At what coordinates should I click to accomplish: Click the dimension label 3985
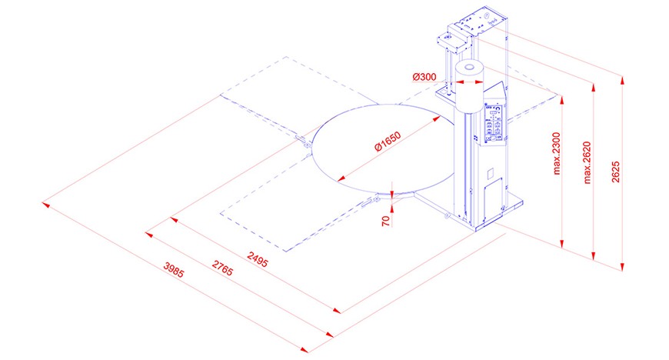tap(174, 269)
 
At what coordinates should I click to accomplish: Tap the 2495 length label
tap(258, 259)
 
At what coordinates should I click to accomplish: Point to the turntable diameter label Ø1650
tap(388, 142)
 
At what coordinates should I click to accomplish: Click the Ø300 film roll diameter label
tap(424, 77)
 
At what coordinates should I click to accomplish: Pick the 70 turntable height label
tap(386, 221)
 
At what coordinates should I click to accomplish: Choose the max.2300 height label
tap(557, 154)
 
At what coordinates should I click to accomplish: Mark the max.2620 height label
tap(587, 163)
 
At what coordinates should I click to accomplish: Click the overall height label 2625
tap(616, 172)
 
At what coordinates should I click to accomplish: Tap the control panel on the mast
tap(494, 124)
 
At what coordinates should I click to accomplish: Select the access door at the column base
tap(493, 201)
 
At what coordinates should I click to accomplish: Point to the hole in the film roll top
tap(469, 67)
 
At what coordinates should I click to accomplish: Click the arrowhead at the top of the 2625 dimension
tap(623, 80)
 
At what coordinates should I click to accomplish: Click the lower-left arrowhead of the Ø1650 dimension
tap(341, 179)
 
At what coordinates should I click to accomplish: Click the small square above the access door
tap(491, 173)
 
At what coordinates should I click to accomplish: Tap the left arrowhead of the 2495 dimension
tap(174, 220)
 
